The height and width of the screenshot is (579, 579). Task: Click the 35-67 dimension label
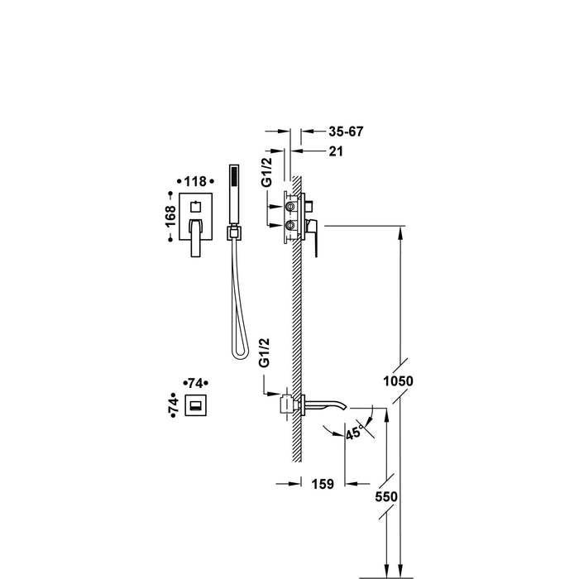point(346,132)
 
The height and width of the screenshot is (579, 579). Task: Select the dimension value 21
point(335,151)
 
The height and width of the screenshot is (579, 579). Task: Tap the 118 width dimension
point(194,180)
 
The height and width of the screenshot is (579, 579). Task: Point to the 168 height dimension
point(170,216)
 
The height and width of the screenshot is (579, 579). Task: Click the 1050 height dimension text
point(398,380)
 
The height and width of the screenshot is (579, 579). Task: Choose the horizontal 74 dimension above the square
point(196,382)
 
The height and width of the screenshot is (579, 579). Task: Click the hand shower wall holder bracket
point(233,234)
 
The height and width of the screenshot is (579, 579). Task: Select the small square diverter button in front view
point(196,203)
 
